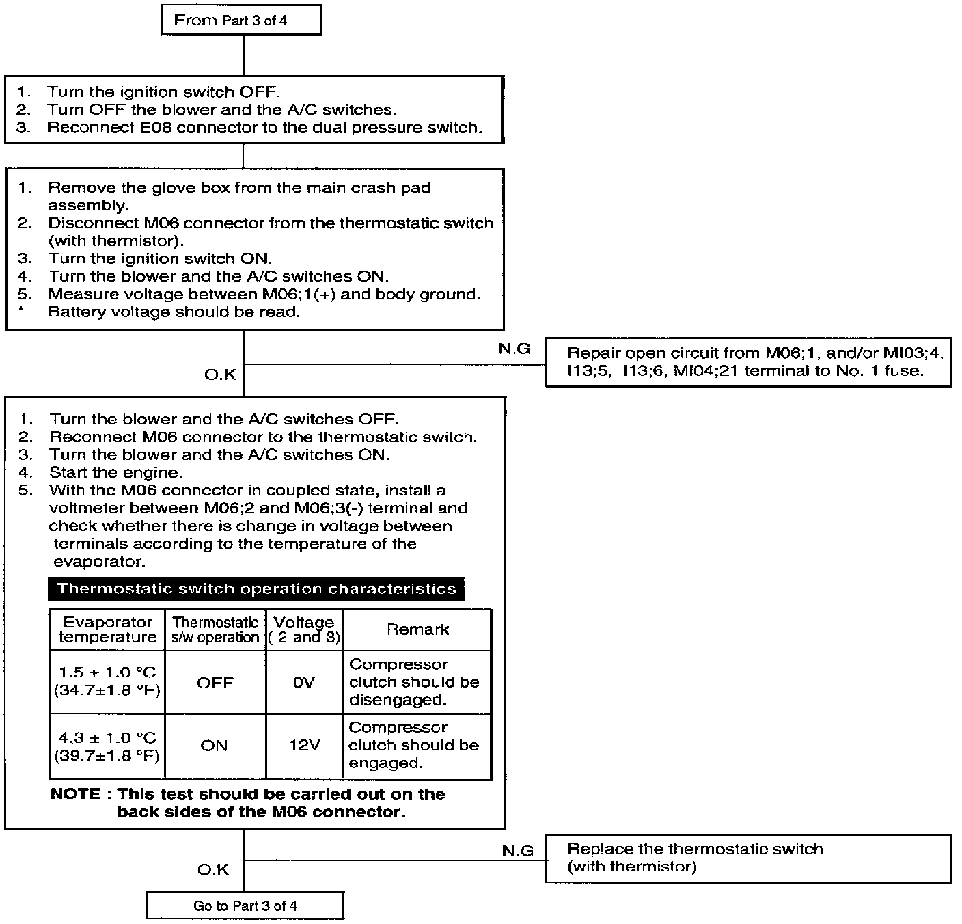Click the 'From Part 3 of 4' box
click(x=241, y=20)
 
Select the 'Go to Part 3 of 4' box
click(x=245, y=906)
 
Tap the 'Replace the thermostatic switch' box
click(x=747, y=858)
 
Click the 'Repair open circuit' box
click(x=747, y=362)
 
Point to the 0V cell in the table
click(x=303, y=682)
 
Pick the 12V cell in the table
click(x=304, y=745)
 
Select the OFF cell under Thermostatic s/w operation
click(x=215, y=682)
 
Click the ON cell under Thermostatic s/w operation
click(x=214, y=745)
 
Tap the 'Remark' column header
click(x=417, y=629)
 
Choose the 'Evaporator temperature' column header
click(x=107, y=629)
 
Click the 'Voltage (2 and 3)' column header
click(x=304, y=629)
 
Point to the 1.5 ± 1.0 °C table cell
click(x=107, y=681)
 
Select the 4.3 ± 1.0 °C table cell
click(x=107, y=746)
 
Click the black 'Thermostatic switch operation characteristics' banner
click(x=256, y=589)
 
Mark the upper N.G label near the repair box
click(x=514, y=349)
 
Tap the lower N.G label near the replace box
click(x=518, y=851)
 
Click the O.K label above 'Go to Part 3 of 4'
click(x=213, y=869)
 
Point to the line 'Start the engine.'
click(x=115, y=472)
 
